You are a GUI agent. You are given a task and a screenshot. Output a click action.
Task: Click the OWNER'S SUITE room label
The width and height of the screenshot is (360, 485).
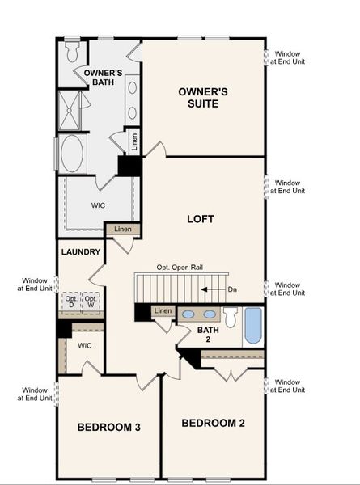[x=203, y=99]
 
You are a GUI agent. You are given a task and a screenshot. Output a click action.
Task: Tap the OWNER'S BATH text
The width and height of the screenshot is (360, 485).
[x=103, y=78]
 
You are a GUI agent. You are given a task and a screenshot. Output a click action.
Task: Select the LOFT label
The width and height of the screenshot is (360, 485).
[x=200, y=218]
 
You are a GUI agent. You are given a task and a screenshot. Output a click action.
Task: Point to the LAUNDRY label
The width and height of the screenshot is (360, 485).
[x=81, y=252]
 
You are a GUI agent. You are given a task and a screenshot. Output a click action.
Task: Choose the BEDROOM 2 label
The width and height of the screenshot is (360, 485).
[x=213, y=423]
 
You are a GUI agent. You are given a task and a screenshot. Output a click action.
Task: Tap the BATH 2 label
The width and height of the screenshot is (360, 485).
[x=209, y=335]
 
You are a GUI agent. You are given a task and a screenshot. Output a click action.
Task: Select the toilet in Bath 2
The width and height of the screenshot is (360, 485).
[x=231, y=318]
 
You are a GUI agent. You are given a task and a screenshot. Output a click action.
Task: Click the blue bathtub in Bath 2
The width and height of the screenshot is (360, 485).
[x=253, y=325]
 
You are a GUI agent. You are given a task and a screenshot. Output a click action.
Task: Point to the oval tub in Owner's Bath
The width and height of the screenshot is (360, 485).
[x=73, y=153]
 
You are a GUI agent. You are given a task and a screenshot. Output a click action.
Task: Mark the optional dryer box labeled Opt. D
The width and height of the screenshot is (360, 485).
[x=72, y=302]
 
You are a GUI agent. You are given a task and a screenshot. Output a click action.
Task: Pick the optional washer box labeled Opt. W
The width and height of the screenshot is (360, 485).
[x=91, y=302]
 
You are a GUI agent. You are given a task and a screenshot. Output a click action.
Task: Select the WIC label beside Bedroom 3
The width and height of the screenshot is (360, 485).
[x=85, y=346]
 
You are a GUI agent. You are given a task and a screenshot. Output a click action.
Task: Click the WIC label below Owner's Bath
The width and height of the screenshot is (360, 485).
[x=98, y=205]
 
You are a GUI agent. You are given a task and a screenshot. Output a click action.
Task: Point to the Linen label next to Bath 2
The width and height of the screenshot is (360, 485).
[x=163, y=311]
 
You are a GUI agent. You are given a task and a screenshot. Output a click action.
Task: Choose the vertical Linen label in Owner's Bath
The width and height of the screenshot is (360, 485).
[x=134, y=143]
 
